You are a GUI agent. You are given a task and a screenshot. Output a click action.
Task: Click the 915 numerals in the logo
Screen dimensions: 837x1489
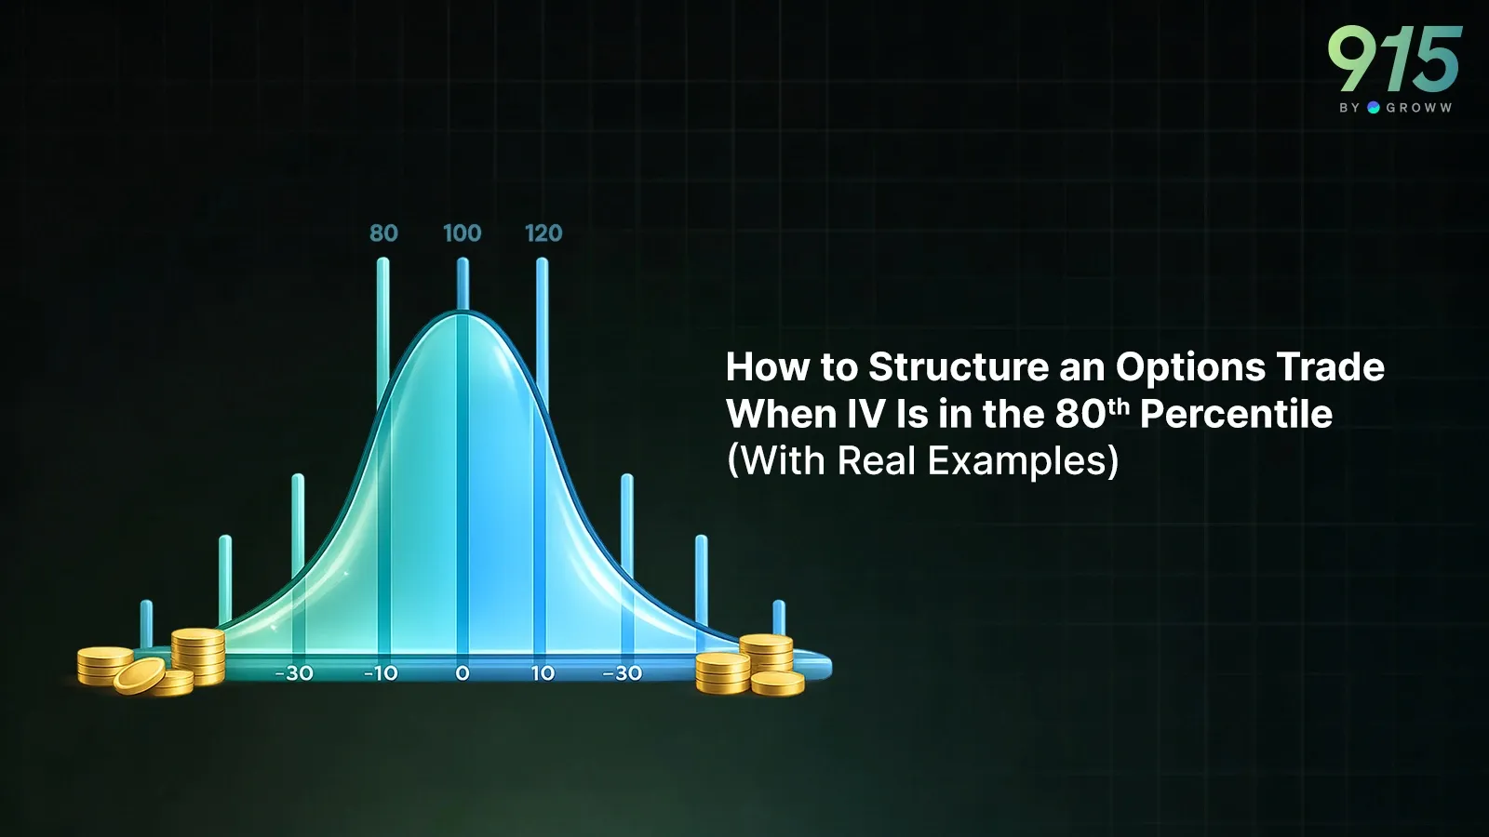coord(1394,60)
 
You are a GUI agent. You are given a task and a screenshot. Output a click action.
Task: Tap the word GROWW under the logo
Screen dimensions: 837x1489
coord(1418,108)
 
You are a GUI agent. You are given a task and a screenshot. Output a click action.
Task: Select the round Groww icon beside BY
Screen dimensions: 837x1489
coord(1374,108)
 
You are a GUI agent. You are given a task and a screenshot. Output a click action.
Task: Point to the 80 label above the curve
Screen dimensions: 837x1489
coord(383,233)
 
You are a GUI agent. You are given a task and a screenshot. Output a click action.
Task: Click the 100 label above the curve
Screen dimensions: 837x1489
coord(463,233)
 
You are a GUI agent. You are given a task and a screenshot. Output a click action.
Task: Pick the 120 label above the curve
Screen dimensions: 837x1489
coord(543,233)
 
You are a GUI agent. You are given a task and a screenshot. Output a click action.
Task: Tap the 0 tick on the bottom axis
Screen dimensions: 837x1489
coord(463,673)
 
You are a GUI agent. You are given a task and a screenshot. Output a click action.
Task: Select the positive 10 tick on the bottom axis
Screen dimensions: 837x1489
coord(543,673)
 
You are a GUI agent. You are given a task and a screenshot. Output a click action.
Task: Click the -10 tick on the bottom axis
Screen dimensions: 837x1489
coord(381,673)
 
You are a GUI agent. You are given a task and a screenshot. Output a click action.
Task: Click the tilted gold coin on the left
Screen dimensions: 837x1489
coord(140,676)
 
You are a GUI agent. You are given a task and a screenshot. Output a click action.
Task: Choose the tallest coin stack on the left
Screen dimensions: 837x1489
coord(198,655)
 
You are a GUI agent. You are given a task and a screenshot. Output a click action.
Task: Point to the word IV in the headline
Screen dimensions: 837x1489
coord(865,415)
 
